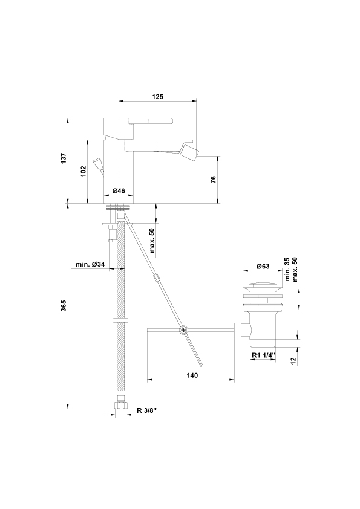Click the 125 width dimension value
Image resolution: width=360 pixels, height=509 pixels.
pos(157,96)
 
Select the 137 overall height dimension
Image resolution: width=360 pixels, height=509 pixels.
pos(64,158)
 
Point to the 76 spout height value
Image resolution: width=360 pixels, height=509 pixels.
pos(213,179)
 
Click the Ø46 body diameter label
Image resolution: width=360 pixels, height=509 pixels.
pos(119,191)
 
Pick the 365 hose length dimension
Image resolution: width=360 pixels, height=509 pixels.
pos(64,305)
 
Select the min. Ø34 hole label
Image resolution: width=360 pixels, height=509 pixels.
pos(90,265)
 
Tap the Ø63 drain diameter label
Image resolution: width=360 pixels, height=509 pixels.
pos(263,266)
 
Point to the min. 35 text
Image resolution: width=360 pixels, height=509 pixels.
pos(287,270)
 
